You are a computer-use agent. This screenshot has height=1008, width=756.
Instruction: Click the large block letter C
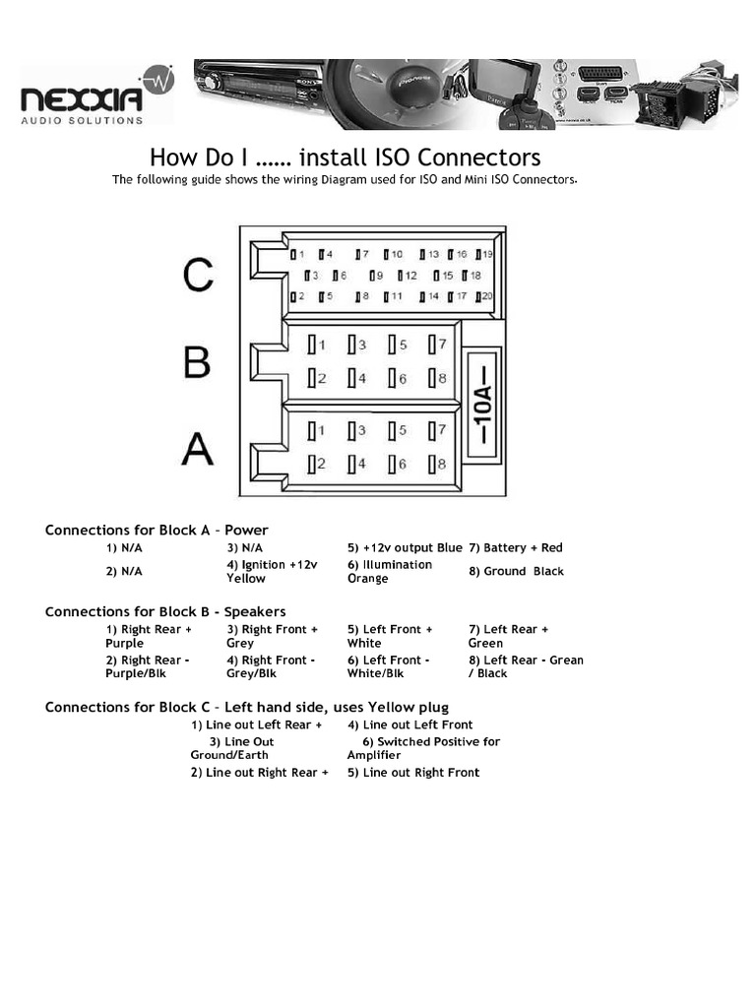tap(198, 275)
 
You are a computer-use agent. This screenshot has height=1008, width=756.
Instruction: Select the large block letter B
tap(197, 362)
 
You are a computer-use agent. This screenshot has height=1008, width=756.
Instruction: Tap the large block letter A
tap(197, 449)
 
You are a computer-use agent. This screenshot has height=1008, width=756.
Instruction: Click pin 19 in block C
tap(484, 254)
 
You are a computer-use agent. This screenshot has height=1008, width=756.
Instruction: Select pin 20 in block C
tap(484, 296)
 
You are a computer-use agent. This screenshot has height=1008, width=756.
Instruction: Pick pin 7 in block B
tap(437, 345)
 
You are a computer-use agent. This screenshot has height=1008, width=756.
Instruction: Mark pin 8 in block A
tap(437, 464)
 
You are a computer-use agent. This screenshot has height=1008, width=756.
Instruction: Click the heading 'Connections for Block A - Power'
tap(157, 530)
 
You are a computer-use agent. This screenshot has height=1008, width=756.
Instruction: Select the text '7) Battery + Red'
tap(516, 547)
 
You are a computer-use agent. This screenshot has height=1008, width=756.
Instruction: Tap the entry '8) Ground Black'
tap(516, 571)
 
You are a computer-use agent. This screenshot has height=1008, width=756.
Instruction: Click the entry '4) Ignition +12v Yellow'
tap(273, 571)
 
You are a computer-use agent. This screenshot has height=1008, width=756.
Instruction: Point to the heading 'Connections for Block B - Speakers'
tap(165, 611)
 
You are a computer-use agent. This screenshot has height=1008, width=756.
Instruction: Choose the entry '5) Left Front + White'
tap(390, 636)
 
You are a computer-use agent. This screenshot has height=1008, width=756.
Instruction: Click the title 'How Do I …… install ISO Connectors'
tap(345, 157)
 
